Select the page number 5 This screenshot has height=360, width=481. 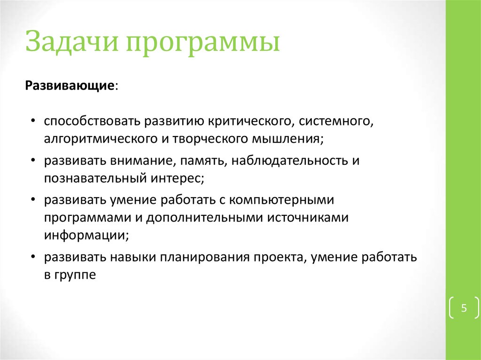click(x=464, y=308)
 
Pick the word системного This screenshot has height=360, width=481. click(x=336, y=122)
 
